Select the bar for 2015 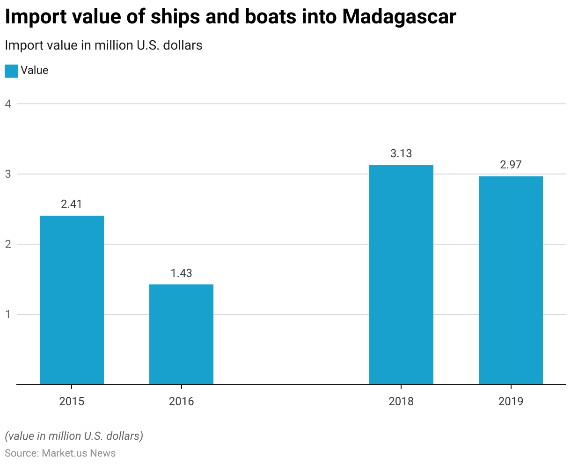(x=72, y=300)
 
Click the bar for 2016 (x=181, y=334)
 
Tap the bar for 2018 (x=401, y=275)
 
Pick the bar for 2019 (x=511, y=280)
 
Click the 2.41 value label (x=72, y=204)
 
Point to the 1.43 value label (x=181, y=273)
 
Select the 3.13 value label (x=401, y=153)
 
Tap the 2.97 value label (x=511, y=165)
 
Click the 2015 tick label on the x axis (x=72, y=401)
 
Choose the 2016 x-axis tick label (x=181, y=401)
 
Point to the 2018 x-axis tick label (x=401, y=401)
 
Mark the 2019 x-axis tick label (x=511, y=401)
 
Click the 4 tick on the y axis (x=8, y=104)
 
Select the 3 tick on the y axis (x=8, y=174)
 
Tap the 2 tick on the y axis (x=8, y=244)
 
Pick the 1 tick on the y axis (x=8, y=314)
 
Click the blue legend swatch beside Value (x=11, y=71)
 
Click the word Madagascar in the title (x=399, y=17)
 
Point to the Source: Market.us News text (x=60, y=453)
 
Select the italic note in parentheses (x=74, y=436)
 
